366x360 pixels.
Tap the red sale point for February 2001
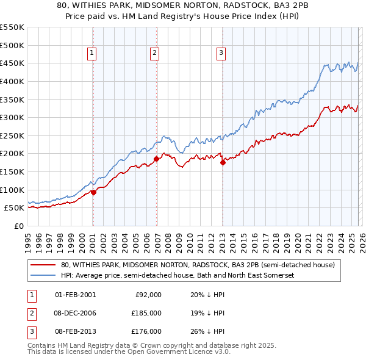pyautogui.click(x=93, y=192)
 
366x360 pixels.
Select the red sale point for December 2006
pyautogui.click(x=156, y=159)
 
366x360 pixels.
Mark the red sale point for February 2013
pyautogui.click(x=223, y=162)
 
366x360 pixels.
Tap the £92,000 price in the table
pyautogui.click(x=148, y=295)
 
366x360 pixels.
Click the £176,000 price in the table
pyautogui.click(x=146, y=331)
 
